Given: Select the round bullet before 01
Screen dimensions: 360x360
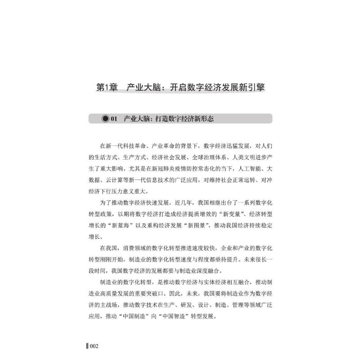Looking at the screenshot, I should [106, 119].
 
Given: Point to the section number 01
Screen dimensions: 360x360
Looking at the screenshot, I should [114, 119].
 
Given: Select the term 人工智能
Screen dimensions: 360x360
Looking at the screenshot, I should [243, 170].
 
